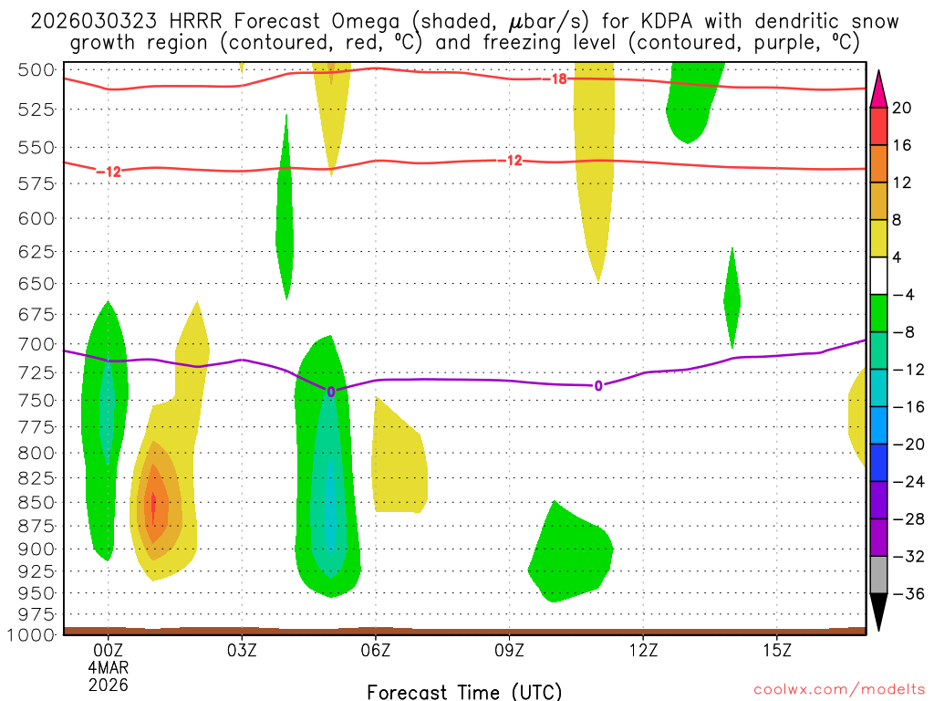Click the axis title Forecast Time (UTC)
(x=464, y=691)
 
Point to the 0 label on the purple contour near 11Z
(x=598, y=386)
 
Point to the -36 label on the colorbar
(x=904, y=593)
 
